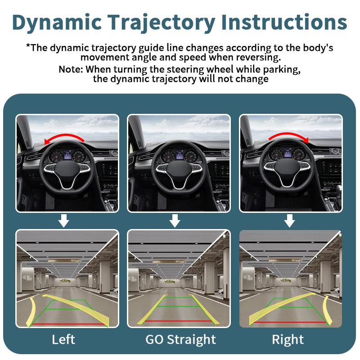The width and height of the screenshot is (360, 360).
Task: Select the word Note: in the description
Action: (71, 70)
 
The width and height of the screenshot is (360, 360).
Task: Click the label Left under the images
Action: (63, 339)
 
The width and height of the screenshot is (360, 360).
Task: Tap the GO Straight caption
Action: (180, 339)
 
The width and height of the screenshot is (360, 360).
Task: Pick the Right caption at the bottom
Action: (288, 339)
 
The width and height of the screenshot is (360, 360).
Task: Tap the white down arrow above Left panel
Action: (64, 220)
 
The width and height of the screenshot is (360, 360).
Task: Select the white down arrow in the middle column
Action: (175, 220)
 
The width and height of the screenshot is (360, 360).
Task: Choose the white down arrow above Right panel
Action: (290, 220)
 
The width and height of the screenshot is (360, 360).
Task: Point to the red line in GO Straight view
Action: (179, 321)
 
